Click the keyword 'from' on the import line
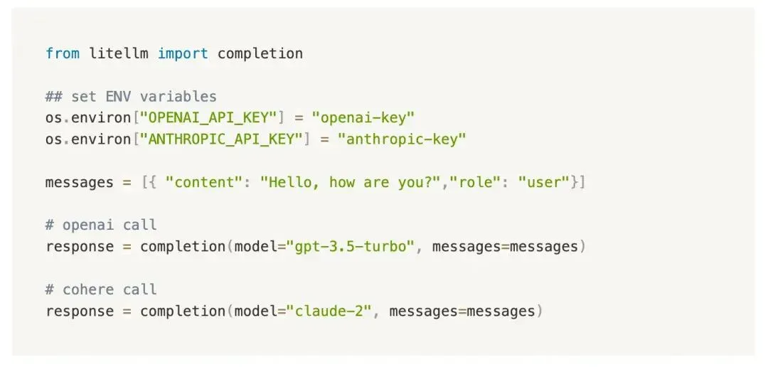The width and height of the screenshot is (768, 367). click(x=63, y=53)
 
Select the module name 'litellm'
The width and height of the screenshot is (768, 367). click(x=119, y=53)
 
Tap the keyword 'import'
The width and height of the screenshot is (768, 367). click(x=183, y=53)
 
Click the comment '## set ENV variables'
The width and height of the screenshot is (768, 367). click(x=132, y=96)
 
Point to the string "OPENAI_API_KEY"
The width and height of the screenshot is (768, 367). click(x=208, y=117)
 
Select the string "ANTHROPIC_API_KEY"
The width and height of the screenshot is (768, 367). click(x=221, y=139)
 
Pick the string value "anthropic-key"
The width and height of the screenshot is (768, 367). click(x=402, y=139)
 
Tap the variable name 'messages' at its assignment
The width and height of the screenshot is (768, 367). click(x=80, y=183)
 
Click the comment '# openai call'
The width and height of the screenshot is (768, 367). click(x=102, y=225)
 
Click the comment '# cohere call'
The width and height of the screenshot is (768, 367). click(x=102, y=289)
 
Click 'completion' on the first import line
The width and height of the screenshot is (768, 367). click(x=260, y=53)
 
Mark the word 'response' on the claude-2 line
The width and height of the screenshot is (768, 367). click(x=80, y=312)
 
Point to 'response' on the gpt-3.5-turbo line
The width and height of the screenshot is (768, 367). click(x=80, y=247)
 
